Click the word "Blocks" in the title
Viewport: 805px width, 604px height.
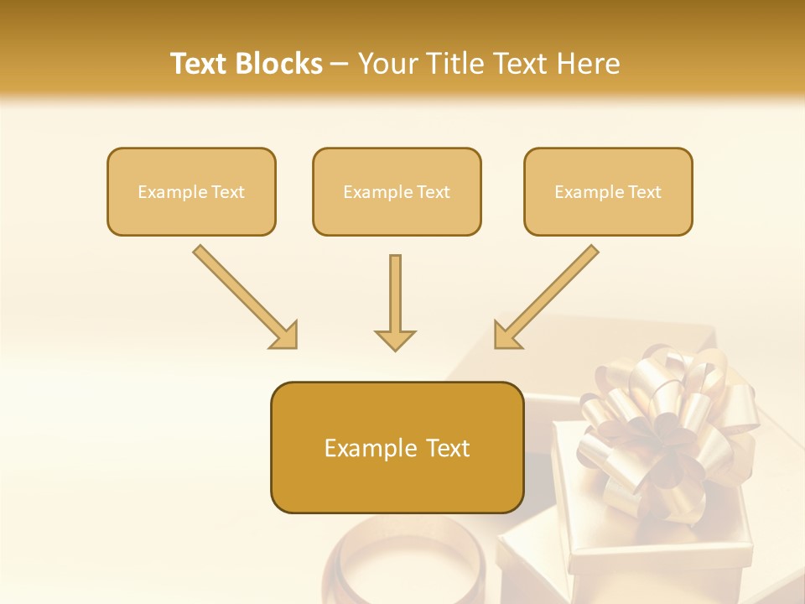280,64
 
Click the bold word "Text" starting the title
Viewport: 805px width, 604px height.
199,64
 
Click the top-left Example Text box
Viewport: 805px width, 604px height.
191,191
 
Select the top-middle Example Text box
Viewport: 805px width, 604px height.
397,191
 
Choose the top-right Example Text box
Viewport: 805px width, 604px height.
608,191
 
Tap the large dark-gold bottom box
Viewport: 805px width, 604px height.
397,447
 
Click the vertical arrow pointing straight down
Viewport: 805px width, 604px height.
395,294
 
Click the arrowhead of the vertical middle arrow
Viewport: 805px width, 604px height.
395,339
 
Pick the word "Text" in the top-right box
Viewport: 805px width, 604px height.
644,191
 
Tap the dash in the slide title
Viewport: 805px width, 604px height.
340,64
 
